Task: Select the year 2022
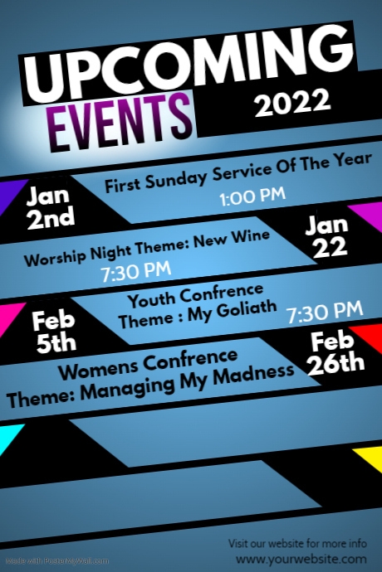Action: (x=292, y=104)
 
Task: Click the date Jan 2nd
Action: (x=50, y=208)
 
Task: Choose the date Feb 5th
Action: (x=55, y=330)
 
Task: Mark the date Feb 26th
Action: (x=336, y=351)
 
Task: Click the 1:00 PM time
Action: (x=252, y=197)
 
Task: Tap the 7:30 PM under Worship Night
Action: (x=136, y=271)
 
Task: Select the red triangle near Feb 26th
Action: (x=363, y=336)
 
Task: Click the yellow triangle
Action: (x=366, y=456)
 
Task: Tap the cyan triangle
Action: (x=8, y=438)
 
